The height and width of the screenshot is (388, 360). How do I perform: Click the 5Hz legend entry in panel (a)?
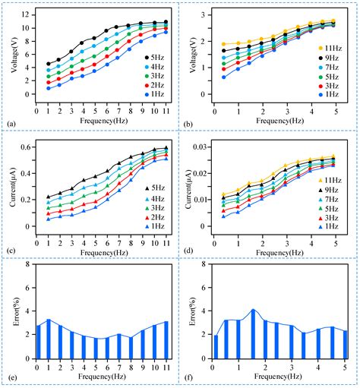[153, 57]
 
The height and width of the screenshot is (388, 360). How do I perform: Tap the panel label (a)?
[10, 123]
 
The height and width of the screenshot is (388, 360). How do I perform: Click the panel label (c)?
[10, 250]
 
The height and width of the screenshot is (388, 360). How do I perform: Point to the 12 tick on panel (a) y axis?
[26, 14]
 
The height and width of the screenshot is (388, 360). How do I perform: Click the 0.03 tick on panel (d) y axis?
[204, 144]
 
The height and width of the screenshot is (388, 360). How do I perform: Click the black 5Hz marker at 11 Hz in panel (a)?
[166, 22]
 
